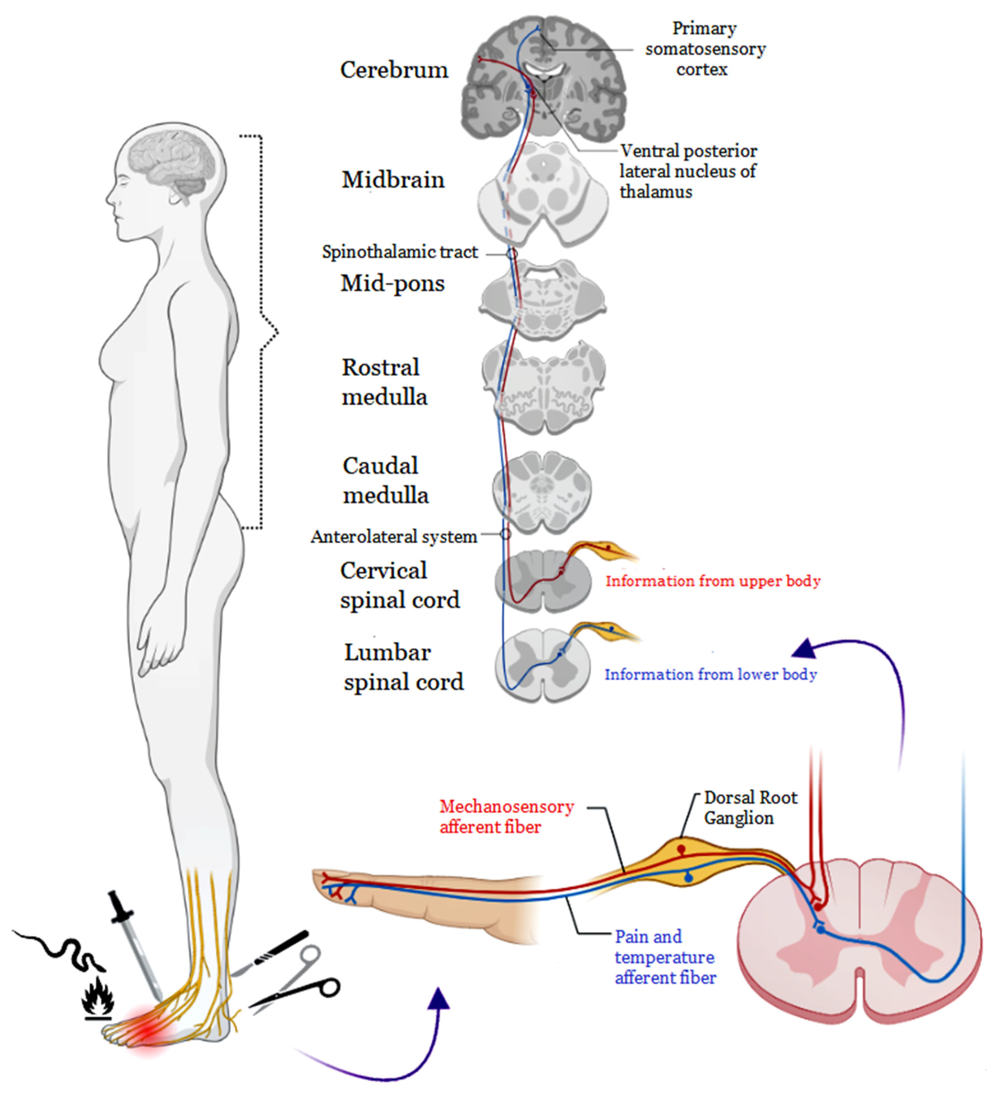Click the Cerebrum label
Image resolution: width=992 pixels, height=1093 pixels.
click(x=394, y=70)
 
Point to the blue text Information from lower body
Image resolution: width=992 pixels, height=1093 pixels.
click(x=710, y=674)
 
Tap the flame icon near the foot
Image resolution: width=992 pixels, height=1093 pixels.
click(x=98, y=996)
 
